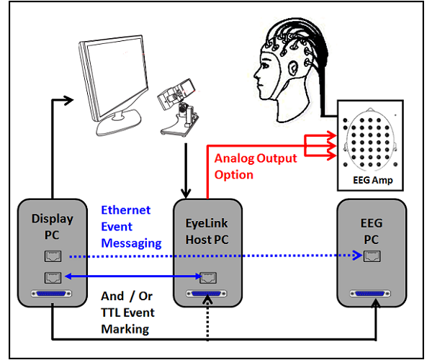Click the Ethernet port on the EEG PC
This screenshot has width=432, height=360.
coord(372,256)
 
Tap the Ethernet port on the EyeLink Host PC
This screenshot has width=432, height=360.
coord(209,276)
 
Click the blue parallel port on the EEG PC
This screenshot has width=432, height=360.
coord(372,295)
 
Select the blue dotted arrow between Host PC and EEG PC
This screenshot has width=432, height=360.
coord(288,256)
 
